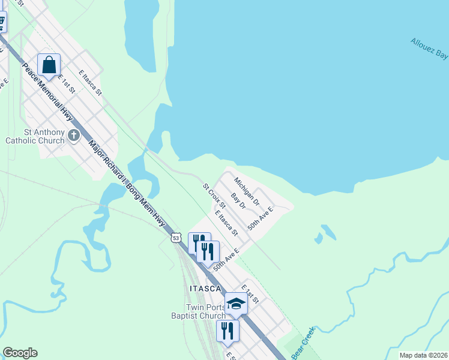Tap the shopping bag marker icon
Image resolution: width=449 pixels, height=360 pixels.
pos(49,64)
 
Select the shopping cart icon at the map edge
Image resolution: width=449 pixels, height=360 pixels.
pos(2,22)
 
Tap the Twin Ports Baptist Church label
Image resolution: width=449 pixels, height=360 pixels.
pos(197,311)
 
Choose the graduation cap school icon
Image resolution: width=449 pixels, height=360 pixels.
pos(236,304)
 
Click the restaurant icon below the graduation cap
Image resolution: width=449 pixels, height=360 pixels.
pos(228,330)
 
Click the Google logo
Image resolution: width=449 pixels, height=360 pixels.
pos(20,353)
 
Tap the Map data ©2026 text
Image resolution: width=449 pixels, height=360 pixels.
pos(423,355)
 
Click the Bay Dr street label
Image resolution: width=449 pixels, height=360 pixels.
pos(239,201)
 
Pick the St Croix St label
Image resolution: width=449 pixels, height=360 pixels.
pos(213,196)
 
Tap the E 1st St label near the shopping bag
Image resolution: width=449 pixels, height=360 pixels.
pos(67,84)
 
